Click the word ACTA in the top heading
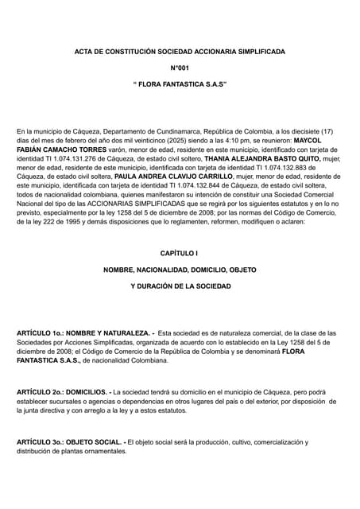coord(85,52)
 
